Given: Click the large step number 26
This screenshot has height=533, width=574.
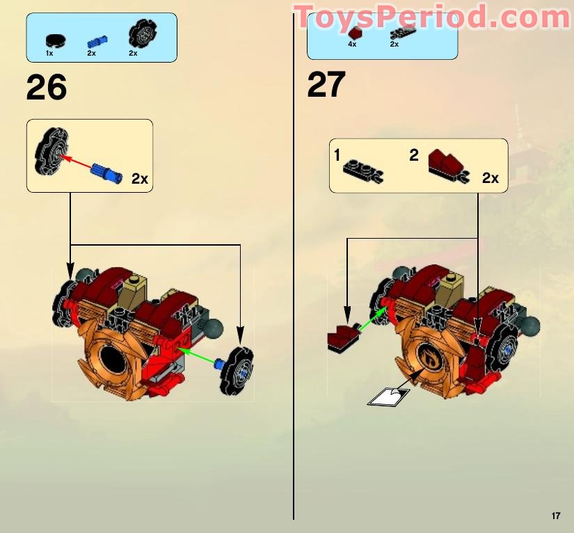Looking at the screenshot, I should click(47, 88).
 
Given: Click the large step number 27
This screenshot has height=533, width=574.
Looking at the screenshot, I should click(326, 85).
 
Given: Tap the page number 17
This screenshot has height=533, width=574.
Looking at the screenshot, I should click(555, 516).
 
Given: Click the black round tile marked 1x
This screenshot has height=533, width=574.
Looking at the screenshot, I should click(52, 40).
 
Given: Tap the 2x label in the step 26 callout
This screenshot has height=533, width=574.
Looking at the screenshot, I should click(139, 179).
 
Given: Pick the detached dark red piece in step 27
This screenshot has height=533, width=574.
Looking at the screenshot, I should click(343, 338).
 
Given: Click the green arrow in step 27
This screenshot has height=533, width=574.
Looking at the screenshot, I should click(373, 318).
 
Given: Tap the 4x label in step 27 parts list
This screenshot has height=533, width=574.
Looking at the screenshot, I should click(352, 44).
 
